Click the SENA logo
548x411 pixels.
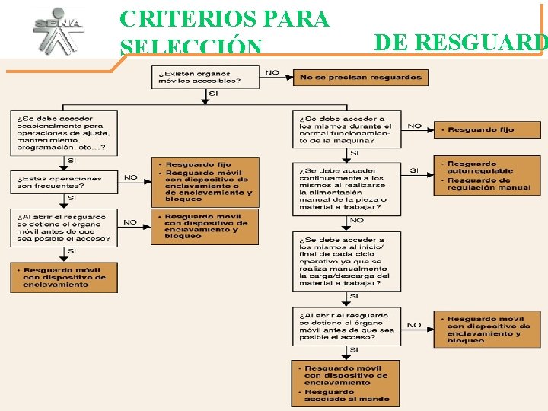click(x=57, y=30)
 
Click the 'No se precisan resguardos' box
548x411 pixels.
click(x=361, y=78)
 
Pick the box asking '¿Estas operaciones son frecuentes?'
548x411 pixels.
click(x=64, y=182)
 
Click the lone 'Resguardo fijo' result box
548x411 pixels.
click(x=487, y=130)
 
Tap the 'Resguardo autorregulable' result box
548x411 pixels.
click(x=487, y=175)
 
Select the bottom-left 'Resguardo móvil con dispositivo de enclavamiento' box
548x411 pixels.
click(x=64, y=277)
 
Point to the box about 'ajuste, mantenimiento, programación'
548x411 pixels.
click(x=64, y=133)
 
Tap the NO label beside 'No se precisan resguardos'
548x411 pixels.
click(x=272, y=73)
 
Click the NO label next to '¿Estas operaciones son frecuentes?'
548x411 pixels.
click(x=130, y=177)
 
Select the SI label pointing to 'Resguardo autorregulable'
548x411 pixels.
click(x=414, y=170)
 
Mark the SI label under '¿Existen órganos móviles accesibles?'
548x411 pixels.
click(x=212, y=94)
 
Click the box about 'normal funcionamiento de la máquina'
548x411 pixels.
click(x=346, y=129)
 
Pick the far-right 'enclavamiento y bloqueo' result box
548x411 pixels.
click(x=487, y=330)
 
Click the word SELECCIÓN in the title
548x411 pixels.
click(x=190, y=47)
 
